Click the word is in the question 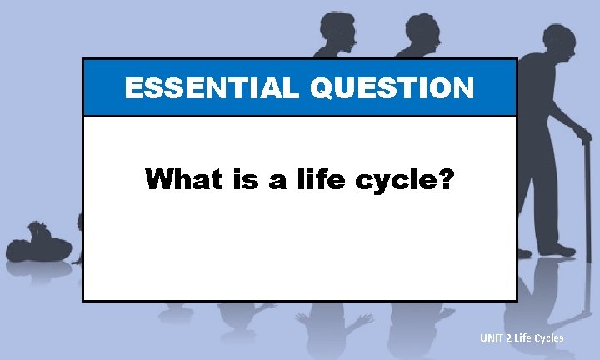242,178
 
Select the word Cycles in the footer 548,337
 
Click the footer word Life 523,337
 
